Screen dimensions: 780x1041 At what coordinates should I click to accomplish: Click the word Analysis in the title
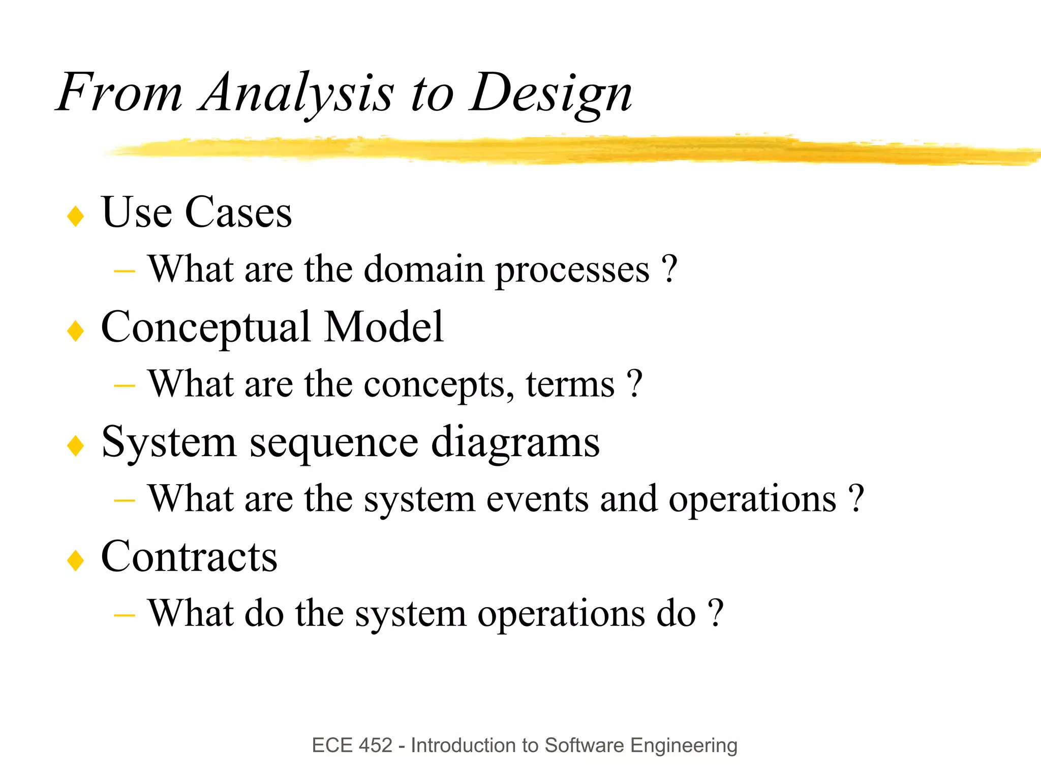click(x=296, y=93)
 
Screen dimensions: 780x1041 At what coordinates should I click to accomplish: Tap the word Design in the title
click(x=550, y=93)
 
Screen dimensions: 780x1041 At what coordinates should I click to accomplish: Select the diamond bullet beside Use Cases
click(x=76, y=216)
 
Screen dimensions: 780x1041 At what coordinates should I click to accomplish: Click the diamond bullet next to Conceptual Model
click(x=76, y=331)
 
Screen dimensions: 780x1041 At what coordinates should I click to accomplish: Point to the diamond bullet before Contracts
click(x=76, y=560)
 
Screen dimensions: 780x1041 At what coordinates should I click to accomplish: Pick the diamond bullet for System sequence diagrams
click(x=76, y=446)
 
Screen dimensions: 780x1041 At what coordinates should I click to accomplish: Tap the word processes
click(x=572, y=269)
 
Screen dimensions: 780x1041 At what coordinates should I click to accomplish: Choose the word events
click(x=537, y=499)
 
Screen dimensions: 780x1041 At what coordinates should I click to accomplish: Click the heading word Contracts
click(x=189, y=557)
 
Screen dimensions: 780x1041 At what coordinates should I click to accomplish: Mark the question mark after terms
click(x=634, y=383)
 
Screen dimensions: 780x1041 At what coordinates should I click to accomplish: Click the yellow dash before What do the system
click(x=125, y=616)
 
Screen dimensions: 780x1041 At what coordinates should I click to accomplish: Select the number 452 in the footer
click(x=375, y=745)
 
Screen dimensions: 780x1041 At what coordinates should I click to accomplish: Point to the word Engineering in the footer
click(x=683, y=746)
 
